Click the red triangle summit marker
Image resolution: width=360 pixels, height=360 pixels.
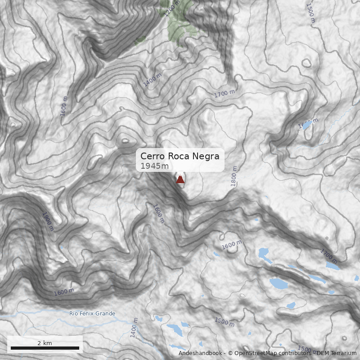click(180, 180)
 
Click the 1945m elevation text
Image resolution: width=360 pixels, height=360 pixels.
click(155, 166)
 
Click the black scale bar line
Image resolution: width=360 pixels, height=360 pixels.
click(45, 348)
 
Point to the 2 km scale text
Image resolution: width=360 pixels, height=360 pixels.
click(45, 343)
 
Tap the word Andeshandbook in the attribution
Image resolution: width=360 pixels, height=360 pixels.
click(201, 353)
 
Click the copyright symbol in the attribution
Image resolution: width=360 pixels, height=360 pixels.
click(230, 353)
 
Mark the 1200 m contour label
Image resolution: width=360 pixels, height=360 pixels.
click(171, 9)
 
